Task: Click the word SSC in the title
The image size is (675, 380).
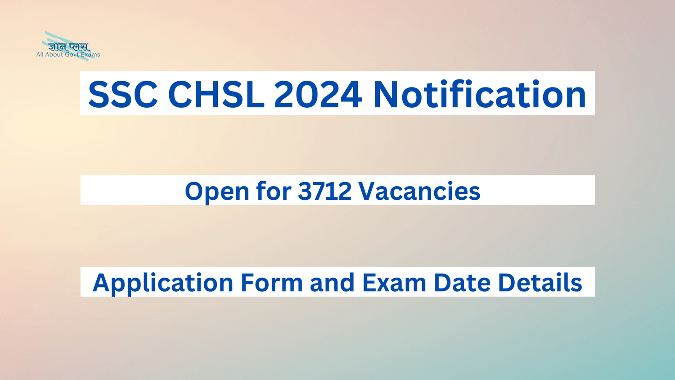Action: pos(123,95)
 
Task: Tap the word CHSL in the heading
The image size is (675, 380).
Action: pos(216,95)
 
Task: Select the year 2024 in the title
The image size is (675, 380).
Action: pos(318,95)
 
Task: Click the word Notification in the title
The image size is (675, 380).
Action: pos(480,95)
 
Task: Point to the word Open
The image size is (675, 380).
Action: pos(217,192)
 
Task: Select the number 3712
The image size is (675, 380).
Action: pos(324,191)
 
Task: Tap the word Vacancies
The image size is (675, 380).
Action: pos(419,191)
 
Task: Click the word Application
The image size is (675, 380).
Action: pos(162,283)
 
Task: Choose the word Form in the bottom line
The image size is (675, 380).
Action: pos(272,283)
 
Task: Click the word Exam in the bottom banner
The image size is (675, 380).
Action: pos(394,283)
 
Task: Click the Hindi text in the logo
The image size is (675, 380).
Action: pos(69,47)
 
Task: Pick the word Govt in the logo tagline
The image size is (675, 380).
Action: pos(72,55)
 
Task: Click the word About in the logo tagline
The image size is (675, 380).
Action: pos(54,55)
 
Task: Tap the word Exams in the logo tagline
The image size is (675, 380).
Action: pos(90,55)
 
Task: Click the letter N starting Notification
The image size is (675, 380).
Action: pos(386,95)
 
